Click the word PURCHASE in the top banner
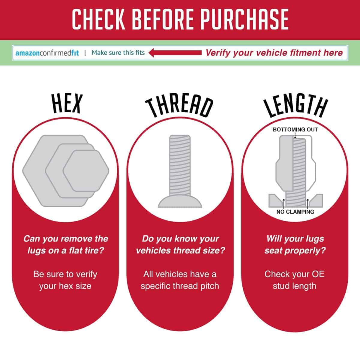coord(245,19)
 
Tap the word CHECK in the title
coord(98,19)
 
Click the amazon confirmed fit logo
coord(47,53)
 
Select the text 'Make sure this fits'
coord(118,53)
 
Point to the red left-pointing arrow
coord(175,53)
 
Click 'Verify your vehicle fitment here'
coord(274,53)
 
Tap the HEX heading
coord(67,103)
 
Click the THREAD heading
coord(179,107)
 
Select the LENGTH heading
coord(295,106)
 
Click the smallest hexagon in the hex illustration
coord(86,171)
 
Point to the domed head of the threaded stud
coord(180,201)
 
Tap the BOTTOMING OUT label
coord(295,130)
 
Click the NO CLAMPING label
coord(295,212)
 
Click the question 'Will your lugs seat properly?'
coord(295,244)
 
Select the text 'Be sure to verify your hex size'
coord(65,280)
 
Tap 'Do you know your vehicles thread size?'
coord(180,244)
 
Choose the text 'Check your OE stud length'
coord(294,280)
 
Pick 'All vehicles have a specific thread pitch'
coord(180,280)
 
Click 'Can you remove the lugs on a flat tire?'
coord(66,244)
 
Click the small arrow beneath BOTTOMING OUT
coord(295,135)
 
